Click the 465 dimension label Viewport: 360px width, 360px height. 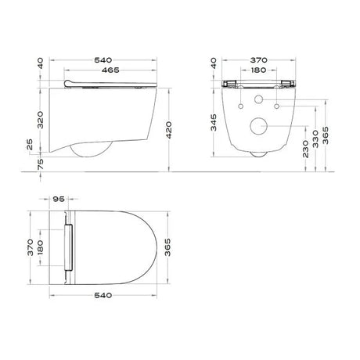pyautogui.click(x=110, y=70)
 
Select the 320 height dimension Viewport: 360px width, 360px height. pyautogui.click(x=40, y=120)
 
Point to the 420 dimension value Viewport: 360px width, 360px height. pyautogui.click(x=168, y=130)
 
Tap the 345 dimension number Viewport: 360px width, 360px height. pyautogui.click(x=214, y=122)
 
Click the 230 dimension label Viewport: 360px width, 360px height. pyautogui.click(x=305, y=149)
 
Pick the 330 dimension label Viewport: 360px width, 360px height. pyautogui.click(x=315, y=139)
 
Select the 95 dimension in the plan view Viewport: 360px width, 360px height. pyautogui.click(x=59, y=199)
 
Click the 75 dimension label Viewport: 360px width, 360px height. pyautogui.click(x=41, y=164)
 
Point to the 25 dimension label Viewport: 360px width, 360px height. pyautogui.click(x=30, y=144)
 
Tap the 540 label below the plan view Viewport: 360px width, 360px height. pyautogui.click(x=103, y=295)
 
